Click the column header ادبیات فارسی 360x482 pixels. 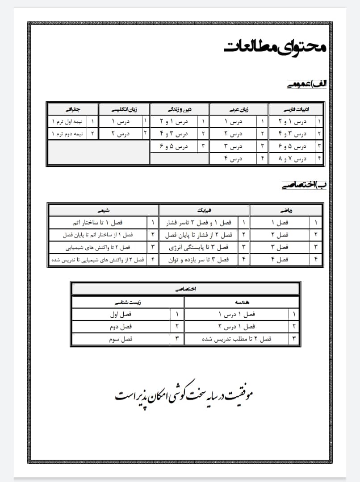[296, 109]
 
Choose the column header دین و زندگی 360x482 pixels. [179, 109]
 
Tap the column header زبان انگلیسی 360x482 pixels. [124, 109]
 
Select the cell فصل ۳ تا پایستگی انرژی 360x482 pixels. [200, 247]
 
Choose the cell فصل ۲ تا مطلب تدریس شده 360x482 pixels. [236, 339]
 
